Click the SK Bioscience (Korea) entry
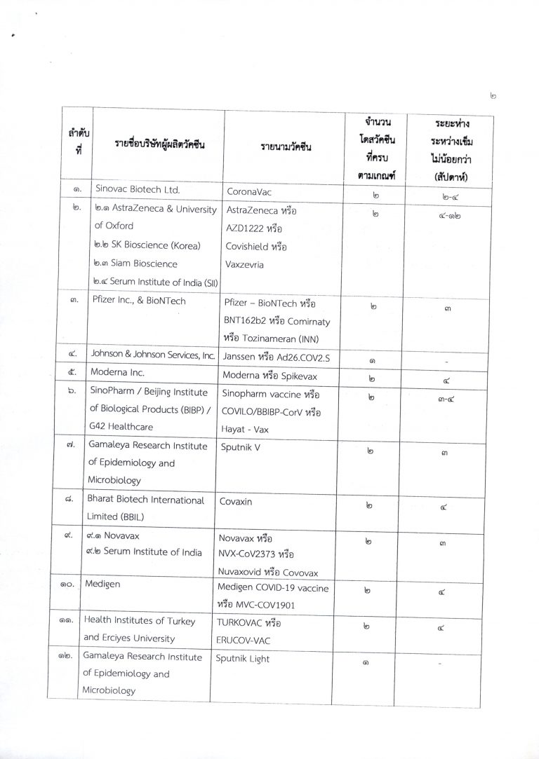[x=147, y=245]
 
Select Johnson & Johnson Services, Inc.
[x=151, y=355]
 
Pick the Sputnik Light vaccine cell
[x=243, y=659]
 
